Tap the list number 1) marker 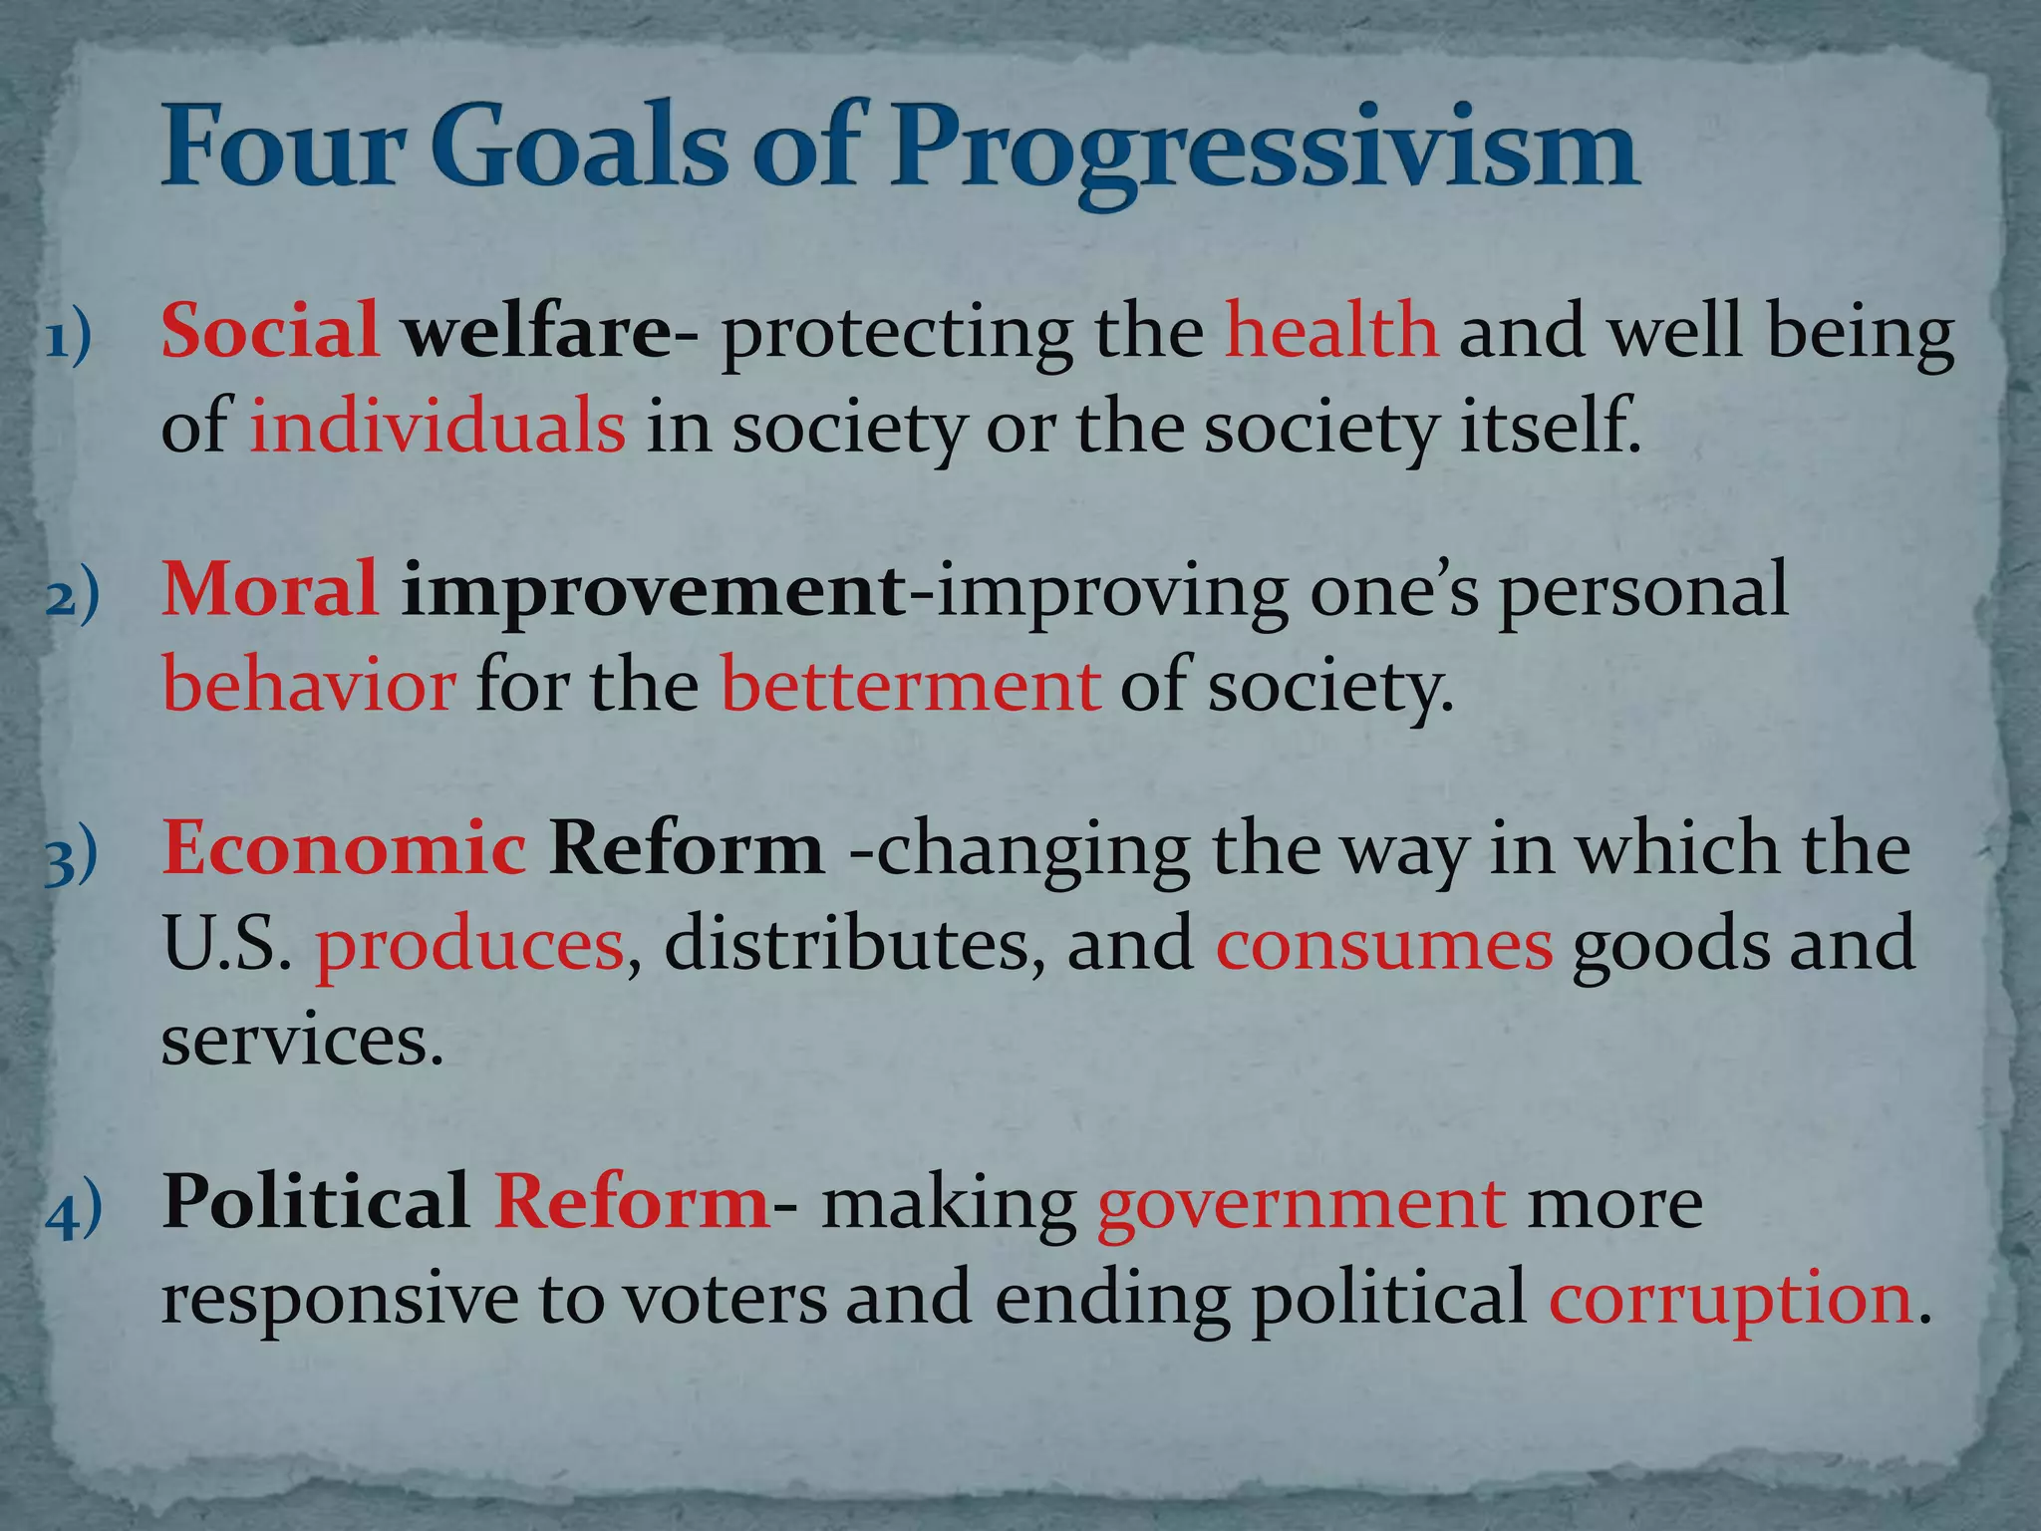point(69,339)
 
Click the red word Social point(270,330)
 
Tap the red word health point(1331,330)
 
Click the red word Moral point(270,588)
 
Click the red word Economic point(344,847)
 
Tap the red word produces point(469,945)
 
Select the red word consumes point(1383,945)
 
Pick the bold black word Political point(315,1201)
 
